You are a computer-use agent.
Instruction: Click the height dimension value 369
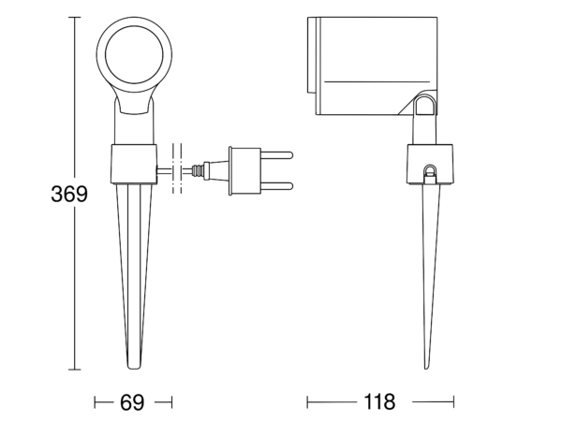[69, 194]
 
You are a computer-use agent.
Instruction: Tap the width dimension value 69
[132, 402]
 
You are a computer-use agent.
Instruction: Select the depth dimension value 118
[379, 401]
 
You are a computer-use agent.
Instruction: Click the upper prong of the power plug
[276, 155]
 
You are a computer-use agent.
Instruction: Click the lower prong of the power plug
[276, 186]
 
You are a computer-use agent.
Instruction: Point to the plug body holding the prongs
[244, 171]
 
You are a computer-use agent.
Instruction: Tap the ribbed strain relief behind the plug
[198, 170]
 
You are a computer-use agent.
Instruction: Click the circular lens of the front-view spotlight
[134, 55]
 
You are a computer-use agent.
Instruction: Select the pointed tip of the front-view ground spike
[134, 368]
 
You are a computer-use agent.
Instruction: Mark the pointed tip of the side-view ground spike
[426, 368]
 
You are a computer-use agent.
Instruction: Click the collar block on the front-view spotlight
[134, 164]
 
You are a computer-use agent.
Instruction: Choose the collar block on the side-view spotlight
[430, 164]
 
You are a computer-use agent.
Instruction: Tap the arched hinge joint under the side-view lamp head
[425, 104]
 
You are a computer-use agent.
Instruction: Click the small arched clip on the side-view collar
[429, 174]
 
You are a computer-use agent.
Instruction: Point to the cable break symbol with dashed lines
[177, 168]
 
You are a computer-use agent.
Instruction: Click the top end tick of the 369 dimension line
[75, 17]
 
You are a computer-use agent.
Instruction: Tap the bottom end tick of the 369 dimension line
[75, 370]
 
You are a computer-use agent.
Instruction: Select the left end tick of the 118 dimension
[307, 401]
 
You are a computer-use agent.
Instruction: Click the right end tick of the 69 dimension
[171, 402]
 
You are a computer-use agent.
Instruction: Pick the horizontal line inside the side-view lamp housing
[377, 81]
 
